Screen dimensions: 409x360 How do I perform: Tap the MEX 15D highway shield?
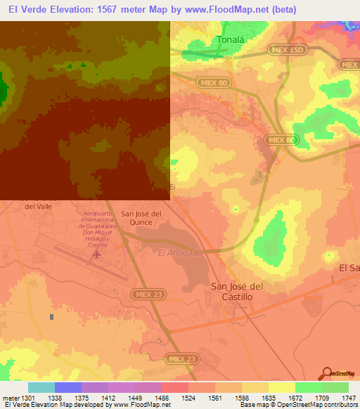coord(286,50)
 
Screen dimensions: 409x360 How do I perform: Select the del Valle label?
coord(39,207)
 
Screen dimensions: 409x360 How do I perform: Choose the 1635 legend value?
coord(269,398)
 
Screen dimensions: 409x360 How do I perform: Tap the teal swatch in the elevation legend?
coord(41,387)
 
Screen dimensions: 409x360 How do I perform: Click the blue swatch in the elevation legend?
coord(67,387)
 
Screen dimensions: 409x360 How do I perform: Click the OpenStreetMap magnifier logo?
coord(326,375)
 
